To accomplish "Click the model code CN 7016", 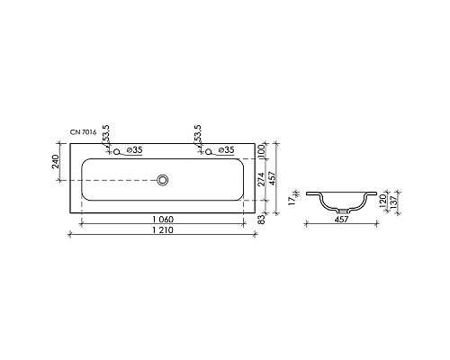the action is point(83,132).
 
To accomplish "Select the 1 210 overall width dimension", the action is point(163,230).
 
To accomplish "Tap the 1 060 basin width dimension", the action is point(163,220).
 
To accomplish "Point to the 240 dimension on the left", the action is point(57,161).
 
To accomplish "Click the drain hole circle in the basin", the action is point(163,180).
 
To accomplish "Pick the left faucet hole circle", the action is point(116,151).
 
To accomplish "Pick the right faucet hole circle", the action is point(208,151).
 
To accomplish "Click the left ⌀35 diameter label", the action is point(134,149).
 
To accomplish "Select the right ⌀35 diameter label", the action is point(226,149).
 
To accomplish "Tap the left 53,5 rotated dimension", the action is point(106,134).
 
